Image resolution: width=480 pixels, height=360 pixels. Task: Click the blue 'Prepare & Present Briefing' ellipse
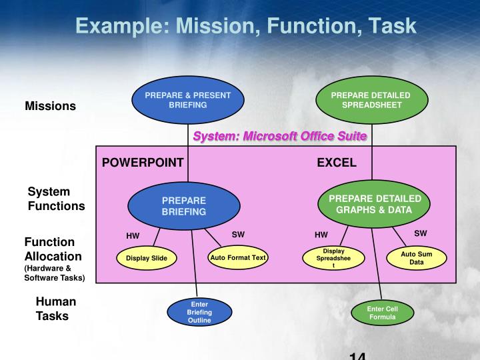(188, 101)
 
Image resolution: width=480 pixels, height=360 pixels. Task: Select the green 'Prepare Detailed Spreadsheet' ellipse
(371, 101)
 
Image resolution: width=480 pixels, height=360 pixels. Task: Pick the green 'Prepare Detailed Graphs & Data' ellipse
(375, 204)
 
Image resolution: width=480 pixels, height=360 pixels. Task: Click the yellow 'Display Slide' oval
(147, 258)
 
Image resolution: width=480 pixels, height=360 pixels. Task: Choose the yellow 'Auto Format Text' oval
(237, 257)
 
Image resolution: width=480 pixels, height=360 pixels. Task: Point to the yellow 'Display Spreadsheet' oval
(334, 258)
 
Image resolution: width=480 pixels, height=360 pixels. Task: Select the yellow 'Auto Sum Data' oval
(417, 258)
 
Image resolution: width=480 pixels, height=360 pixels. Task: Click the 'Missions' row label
(51, 106)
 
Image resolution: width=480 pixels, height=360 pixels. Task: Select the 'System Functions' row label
(56, 199)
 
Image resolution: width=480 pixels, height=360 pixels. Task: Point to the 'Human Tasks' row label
(55, 309)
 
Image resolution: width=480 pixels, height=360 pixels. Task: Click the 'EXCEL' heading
(336, 162)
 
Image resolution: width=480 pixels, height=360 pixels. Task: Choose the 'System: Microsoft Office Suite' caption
(280, 136)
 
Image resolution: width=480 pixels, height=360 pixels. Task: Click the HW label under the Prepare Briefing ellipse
(133, 235)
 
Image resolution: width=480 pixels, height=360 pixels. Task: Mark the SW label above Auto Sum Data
(421, 233)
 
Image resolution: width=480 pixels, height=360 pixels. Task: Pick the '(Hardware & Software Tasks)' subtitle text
(55, 273)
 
